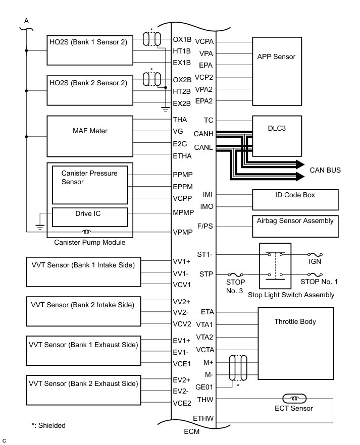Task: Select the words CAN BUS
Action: (x=325, y=171)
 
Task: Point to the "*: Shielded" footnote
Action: (x=48, y=425)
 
